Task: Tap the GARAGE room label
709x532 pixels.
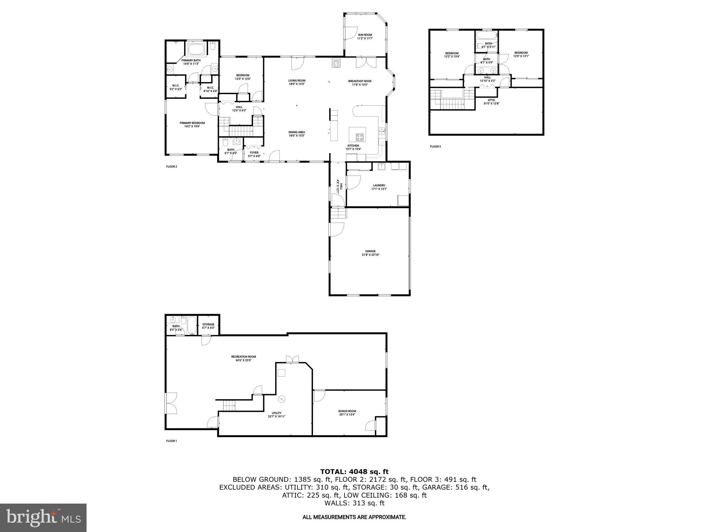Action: click(370, 251)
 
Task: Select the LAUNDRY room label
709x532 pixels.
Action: click(379, 186)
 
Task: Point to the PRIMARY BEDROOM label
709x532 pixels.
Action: click(192, 123)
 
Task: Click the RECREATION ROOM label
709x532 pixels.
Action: click(243, 357)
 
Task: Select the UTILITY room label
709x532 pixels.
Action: click(277, 413)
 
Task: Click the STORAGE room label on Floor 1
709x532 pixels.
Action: click(208, 325)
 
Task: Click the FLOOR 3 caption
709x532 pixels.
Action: click(435, 147)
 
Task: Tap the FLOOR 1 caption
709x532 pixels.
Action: click(171, 441)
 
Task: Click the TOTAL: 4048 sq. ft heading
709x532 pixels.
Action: click(354, 471)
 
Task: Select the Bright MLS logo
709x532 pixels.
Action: click(43, 517)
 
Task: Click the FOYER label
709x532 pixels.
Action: click(254, 153)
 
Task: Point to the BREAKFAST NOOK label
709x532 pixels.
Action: click(360, 81)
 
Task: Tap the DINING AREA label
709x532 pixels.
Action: click(297, 132)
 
